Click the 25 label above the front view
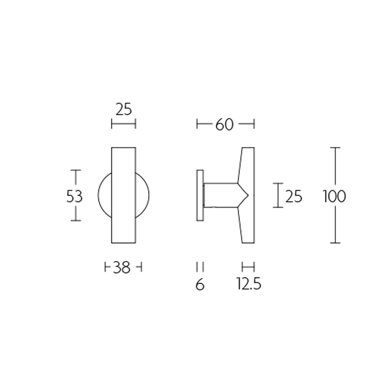(124, 110)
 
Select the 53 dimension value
(74, 196)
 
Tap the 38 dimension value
(123, 267)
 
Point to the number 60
(224, 124)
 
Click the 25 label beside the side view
(293, 196)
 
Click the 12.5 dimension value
(248, 285)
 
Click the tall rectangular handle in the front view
(124, 195)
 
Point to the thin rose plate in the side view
(199, 195)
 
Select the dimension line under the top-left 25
(124, 124)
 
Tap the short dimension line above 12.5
(248, 266)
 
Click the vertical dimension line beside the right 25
(277, 195)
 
